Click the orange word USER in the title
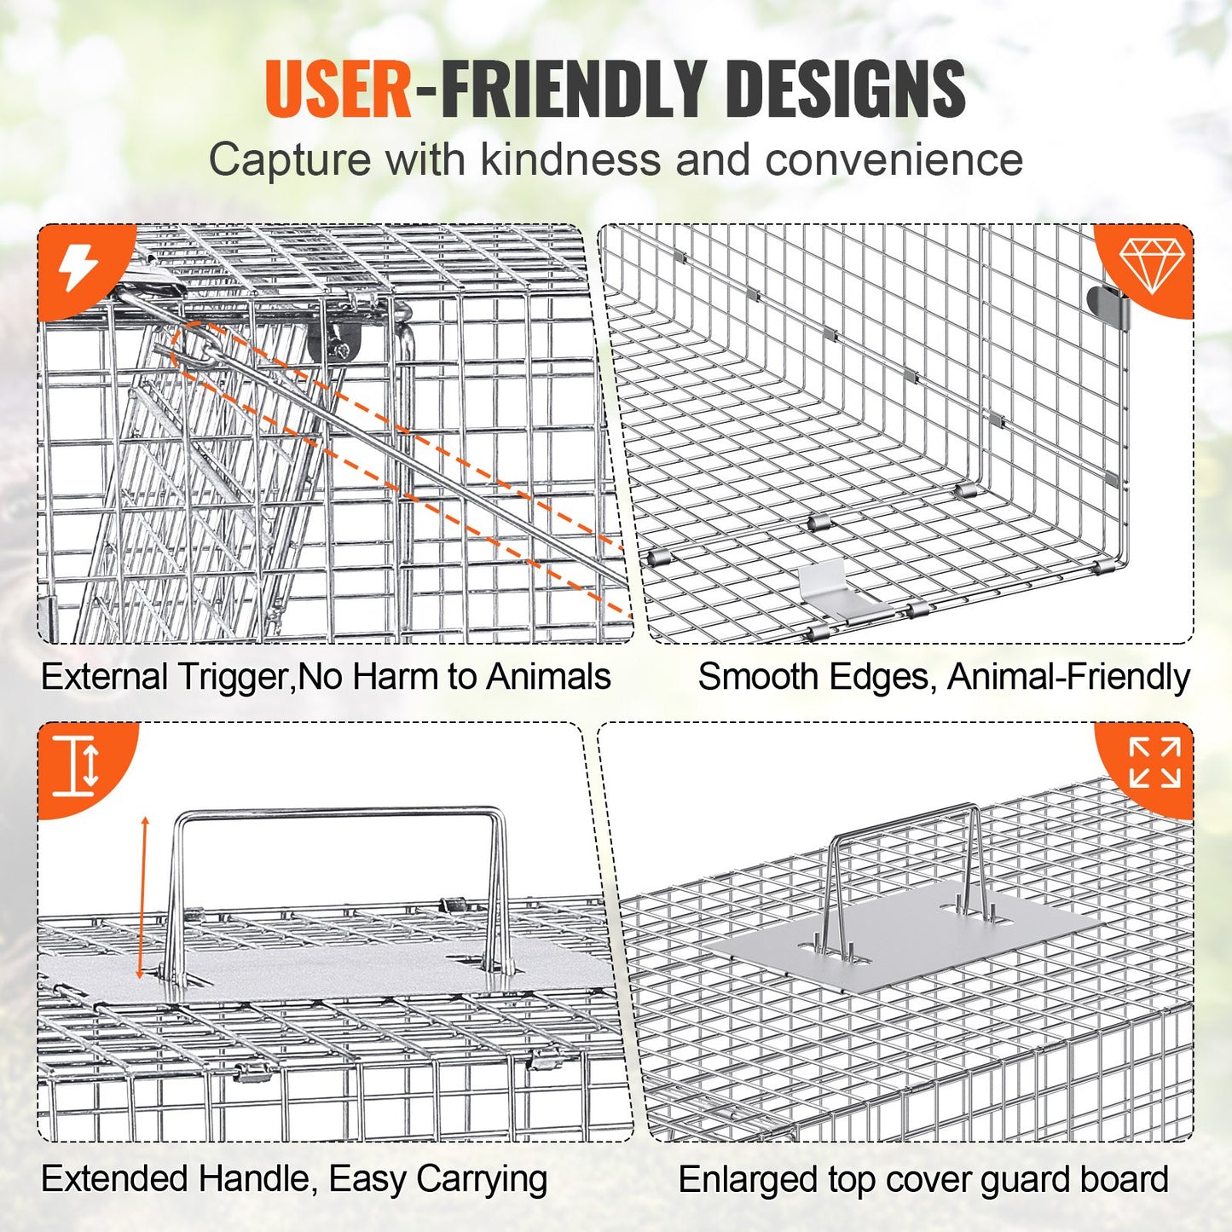click(x=338, y=89)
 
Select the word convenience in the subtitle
click(x=894, y=159)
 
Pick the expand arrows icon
click(x=1154, y=762)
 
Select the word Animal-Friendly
click(x=1068, y=677)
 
